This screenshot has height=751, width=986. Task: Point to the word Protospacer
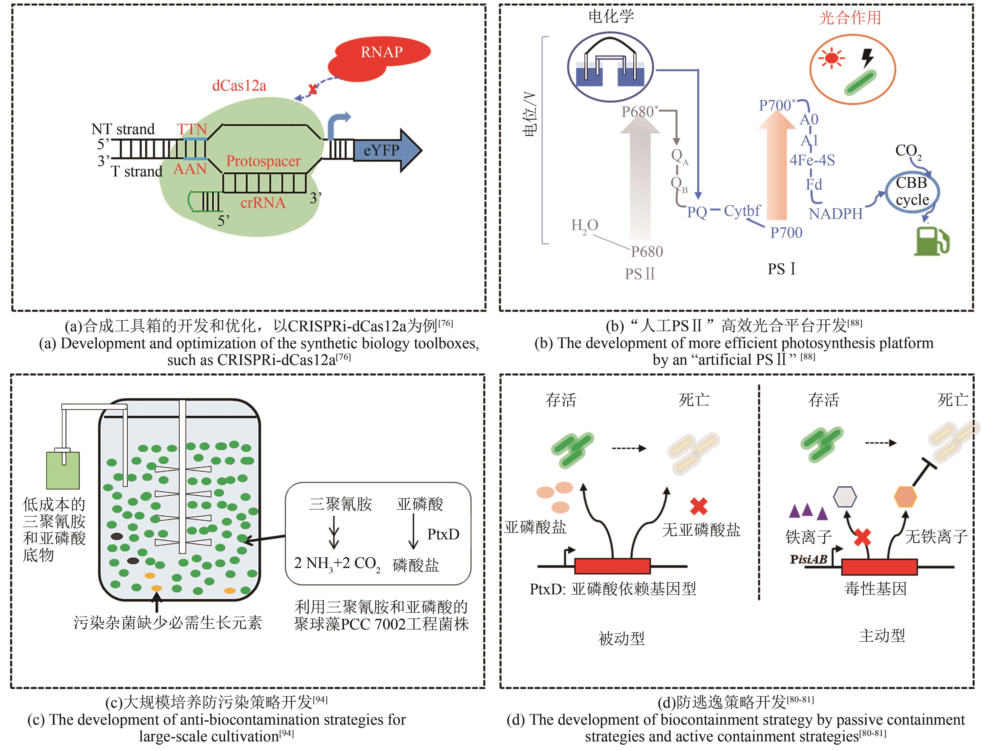click(x=263, y=161)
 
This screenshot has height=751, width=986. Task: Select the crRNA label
click(x=263, y=203)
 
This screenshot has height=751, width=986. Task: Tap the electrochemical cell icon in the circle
click(x=610, y=67)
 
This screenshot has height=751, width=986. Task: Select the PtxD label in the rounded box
click(x=443, y=534)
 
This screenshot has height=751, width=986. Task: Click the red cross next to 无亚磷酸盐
click(x=699, y=506)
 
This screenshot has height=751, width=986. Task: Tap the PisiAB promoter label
click(x=808, y=559)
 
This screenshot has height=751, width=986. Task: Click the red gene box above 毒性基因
click(x=879, y=567)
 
